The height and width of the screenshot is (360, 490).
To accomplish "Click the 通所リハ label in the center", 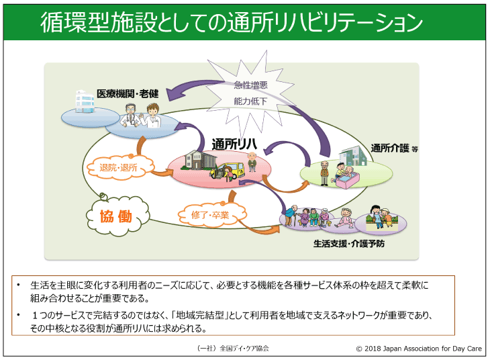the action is pyautogui.click(x=234, y=144).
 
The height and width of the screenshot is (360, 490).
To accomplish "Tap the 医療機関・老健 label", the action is pyautogui.click(x=128, y=93).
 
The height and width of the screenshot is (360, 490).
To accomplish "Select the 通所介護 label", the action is pyautogui.click(x=390, y=148).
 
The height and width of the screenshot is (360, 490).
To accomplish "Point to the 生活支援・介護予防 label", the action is pyautogui.click(x=349, y=243).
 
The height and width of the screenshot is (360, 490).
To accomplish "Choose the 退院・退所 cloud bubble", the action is pyautogui.click(x=119, y=167).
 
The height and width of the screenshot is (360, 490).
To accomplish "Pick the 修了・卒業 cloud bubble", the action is pyautogui.click(x=211, y=214).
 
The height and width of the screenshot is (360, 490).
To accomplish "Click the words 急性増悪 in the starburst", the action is pyautogui.click(x=250, y=85).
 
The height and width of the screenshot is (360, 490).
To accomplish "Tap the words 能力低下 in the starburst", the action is pyautogui.click(x=250, y=101).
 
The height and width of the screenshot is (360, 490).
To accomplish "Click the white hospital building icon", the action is pyautogui.click(x=85, y=101).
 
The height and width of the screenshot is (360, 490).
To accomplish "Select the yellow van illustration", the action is pyautogui.click(x=229, y=171).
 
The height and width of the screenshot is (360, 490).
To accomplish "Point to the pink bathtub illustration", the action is pyautogui.click(x=348, y=181).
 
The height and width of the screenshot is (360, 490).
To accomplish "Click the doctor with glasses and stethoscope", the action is pyautogui.click(x=130, y=116).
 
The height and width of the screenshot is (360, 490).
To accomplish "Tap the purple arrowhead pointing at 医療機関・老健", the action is pyautogui.click(x=173, y=93).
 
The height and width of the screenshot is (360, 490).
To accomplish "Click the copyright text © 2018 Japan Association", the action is pyautogui.click(x=419, y=348).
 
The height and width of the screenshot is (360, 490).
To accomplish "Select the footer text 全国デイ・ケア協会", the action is pyautogui.click(x=244, y=348).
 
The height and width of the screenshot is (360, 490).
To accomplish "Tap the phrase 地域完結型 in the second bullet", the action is pyautogui.click(x=200, y=314).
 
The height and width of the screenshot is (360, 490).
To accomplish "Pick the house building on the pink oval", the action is pyautogui.click(x=195, y=160).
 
